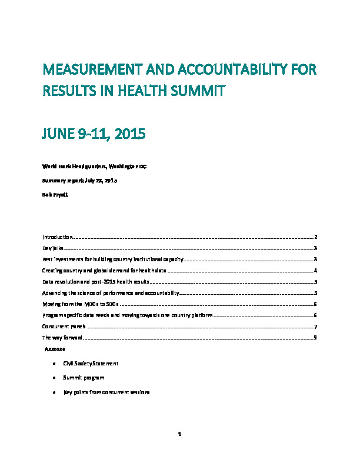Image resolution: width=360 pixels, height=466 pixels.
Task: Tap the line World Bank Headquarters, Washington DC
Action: coord(94,167)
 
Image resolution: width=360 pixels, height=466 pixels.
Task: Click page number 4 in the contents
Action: coord(316,270)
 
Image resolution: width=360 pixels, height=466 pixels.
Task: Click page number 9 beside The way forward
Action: coord(316,338)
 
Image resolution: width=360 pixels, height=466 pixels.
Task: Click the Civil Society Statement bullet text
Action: coord(91,364)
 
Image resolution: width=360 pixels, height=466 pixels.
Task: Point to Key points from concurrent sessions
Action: coord(106,392)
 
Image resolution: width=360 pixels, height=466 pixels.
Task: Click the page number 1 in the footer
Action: coord(180,435)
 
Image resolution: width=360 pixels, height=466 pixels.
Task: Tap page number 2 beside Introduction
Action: coord(316,237)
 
